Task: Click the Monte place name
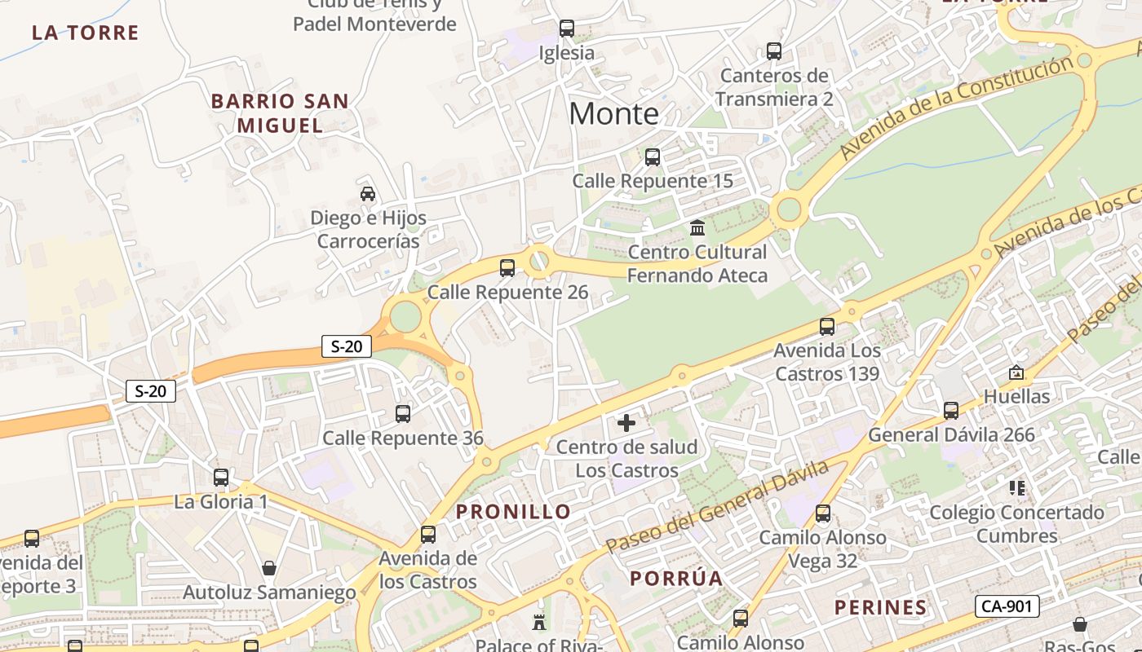click(x=613, y=113)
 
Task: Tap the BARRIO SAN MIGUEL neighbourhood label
click(x=280, y=113)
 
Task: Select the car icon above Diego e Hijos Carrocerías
click(x=368, y=193)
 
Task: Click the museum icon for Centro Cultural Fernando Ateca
click(x=697, y=227)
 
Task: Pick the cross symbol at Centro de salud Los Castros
click(x=626, y=422)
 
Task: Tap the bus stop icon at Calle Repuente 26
click(x=507, y=267)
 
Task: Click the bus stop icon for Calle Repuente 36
click(x=403, y=413)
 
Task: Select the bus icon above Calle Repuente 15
click(x=653, y=156)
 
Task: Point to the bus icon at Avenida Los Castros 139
click(x=827, y=327)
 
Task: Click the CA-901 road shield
click(x=1008, y=606)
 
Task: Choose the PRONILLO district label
click(x=514, y=512)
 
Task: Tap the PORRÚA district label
click(x=676, y=579)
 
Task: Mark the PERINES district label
click(x=881, y=607)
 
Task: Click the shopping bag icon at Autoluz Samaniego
click(x=269, y=567)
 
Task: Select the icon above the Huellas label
click(x=1016, y=372)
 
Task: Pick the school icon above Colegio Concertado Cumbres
click(x=1016, y=488)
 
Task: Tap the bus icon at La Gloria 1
click(x=221, y=477)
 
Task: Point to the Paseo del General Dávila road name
click(x=718, y=507)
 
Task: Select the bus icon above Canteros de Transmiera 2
click(x=774, y=51)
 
